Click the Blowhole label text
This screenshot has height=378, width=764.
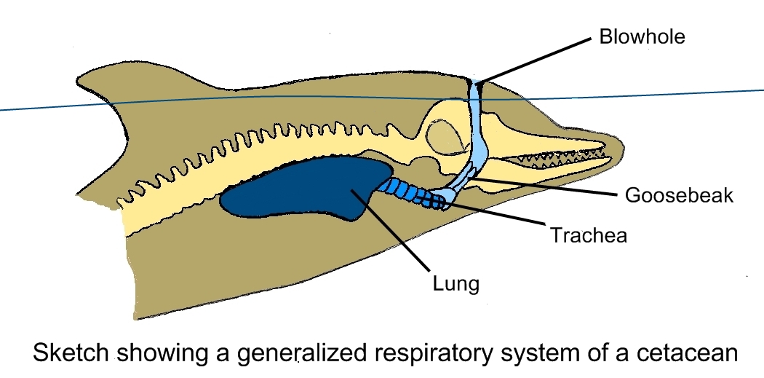(x=642, y=37)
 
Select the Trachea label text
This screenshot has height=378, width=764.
(x=589, y=235)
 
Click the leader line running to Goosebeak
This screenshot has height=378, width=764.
(x=546, y=185)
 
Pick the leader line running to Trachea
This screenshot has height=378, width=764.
(x=495, y=218)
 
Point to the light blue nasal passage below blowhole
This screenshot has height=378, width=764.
(x=480, y=131)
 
